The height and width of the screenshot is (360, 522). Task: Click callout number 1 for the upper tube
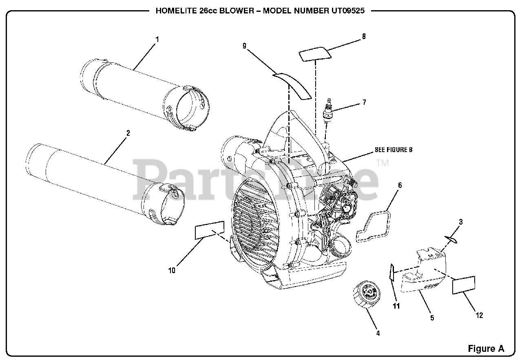[x=157, y=40]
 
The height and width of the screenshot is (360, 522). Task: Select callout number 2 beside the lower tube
[x=128, y=133]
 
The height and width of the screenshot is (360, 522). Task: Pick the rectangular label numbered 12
[x=464, y=285]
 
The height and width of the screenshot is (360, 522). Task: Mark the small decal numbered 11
[x=391, y=272]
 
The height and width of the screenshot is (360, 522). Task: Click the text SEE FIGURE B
[x=393, y=150]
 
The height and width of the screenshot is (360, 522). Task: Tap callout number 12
[x=479, y=315]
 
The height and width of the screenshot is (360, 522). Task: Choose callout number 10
[x=172, y=270]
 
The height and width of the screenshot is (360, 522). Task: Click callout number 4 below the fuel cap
[x=378, y=333]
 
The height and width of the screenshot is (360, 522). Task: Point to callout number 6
[x=400, y=186]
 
